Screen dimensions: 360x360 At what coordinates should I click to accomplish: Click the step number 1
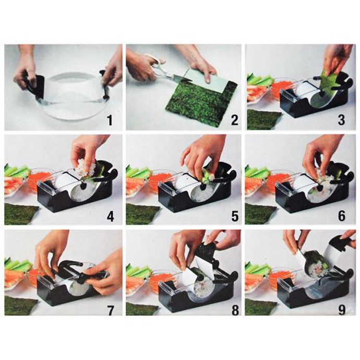[x=111, y=121]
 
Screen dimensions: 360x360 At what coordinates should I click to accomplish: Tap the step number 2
[x=234, y=121]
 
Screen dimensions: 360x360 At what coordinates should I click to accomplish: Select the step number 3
[x=341, y=120]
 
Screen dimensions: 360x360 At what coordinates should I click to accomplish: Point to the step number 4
[x=111, y=217]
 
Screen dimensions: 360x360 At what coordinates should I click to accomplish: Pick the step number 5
[x=235, y=217]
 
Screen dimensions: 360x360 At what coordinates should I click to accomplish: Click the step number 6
[x=342, y=217]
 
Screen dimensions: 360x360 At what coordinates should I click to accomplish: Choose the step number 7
[x=111, y=310]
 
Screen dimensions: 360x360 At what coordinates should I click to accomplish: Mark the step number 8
[x=235, y=310]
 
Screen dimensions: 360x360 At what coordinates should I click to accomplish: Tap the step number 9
[x=342, y=310]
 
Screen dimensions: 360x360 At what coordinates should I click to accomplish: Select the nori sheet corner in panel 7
[x=21, y=305]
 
